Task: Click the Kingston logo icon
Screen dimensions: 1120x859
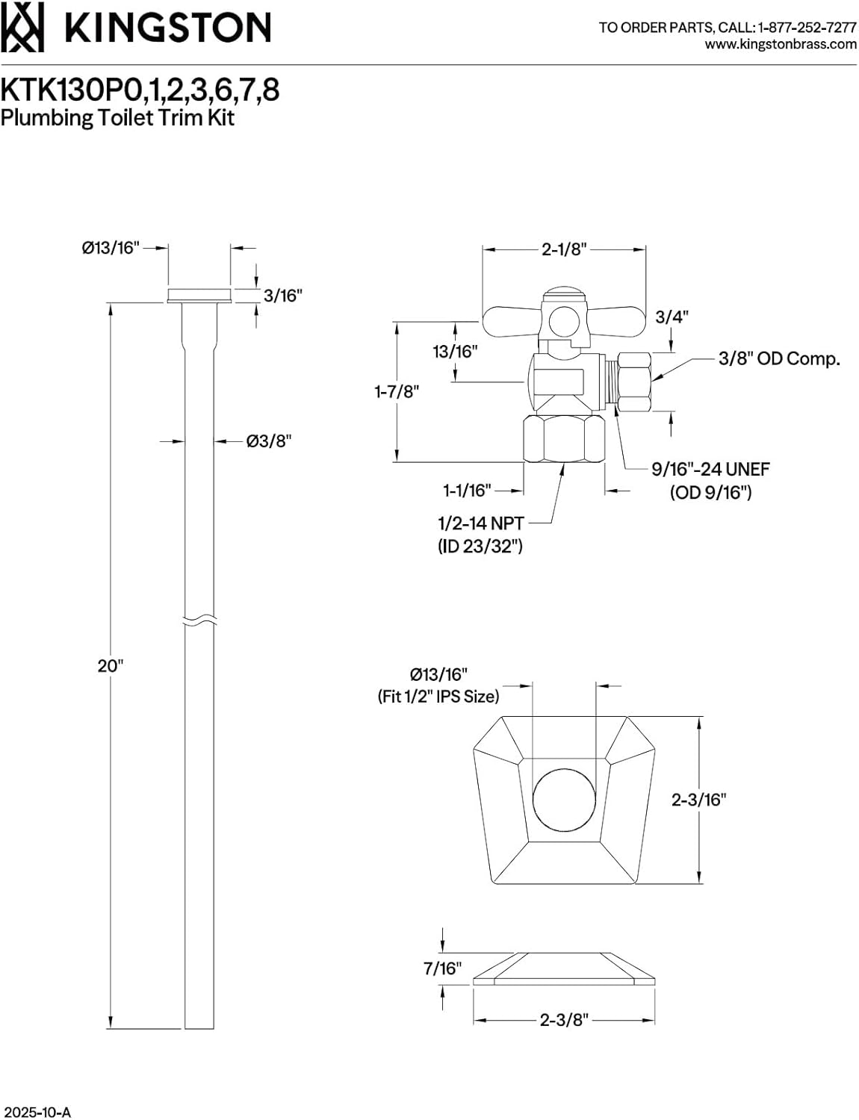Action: [22, 28]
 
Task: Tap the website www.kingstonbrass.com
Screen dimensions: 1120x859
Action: [781, 44]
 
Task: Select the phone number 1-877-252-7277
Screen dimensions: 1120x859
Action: [807, 28]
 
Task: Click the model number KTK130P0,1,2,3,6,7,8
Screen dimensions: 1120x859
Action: [140, 90]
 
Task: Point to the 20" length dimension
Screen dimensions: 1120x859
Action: [110, 665]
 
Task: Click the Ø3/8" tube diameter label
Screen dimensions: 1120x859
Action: [268, 441]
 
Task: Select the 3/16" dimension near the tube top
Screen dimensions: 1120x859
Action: [282, 296]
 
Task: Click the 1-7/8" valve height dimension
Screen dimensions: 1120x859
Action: [397, 391]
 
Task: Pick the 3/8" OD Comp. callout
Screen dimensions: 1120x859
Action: [778, 359]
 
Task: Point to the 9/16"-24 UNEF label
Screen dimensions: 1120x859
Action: [710, 470]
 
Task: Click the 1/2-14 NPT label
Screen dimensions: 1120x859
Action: [480, 523]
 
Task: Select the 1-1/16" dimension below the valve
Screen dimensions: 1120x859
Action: [467, 491]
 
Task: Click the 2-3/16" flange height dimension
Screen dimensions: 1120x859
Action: [698, 800]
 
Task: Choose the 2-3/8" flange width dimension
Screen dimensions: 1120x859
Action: [564, 1019]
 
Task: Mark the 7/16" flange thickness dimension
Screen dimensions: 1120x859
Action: [442, 968]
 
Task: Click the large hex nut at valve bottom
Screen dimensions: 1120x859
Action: [564, 440]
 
